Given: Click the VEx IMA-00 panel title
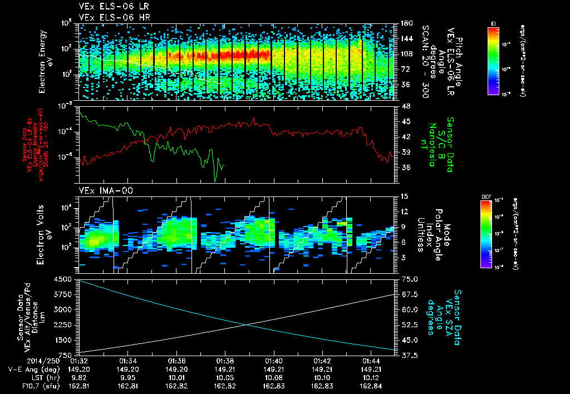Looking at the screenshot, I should tap(101, 191).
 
